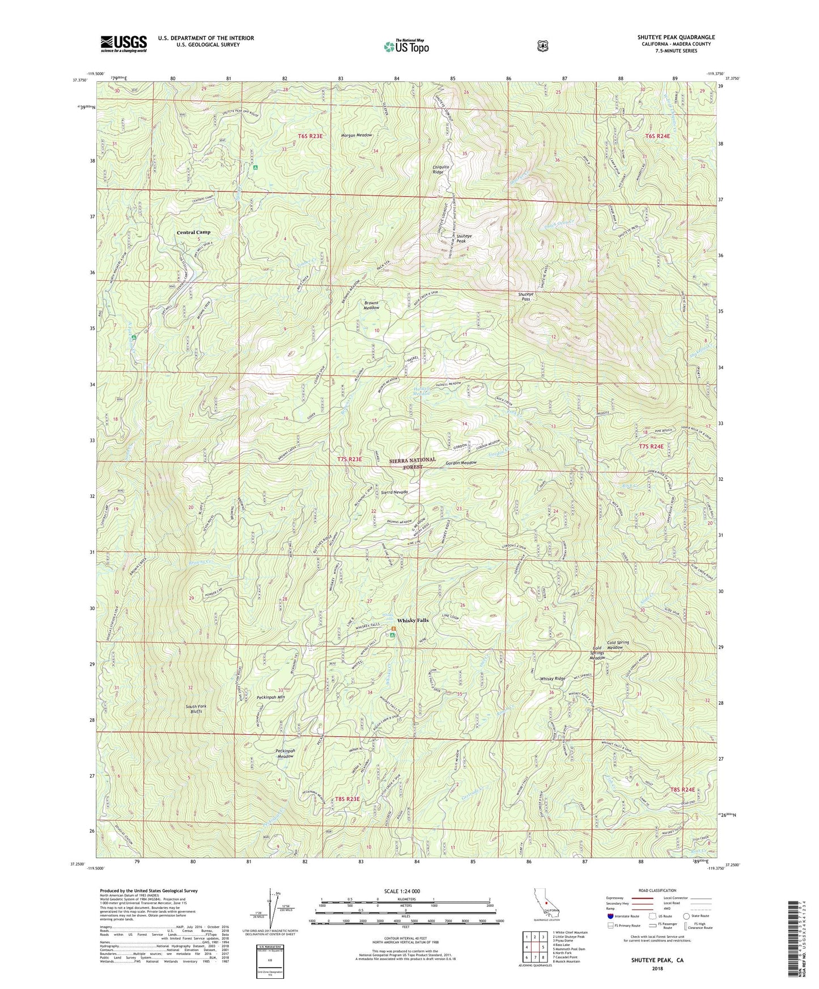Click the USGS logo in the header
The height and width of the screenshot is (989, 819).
[124, 43]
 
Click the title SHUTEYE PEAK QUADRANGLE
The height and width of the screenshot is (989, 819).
[676, 37]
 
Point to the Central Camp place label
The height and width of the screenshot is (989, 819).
[193, 232]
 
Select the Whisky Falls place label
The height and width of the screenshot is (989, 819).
[413, 620]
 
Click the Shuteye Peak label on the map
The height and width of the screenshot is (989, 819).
[464, 238]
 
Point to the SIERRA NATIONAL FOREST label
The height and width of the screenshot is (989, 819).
[413, 463]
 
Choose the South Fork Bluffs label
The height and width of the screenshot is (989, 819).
[198, 709]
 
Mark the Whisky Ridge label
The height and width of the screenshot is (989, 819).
[552, 679]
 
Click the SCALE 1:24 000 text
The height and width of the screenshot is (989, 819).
[402, 891]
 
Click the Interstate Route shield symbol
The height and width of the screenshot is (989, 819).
[610, 916]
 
